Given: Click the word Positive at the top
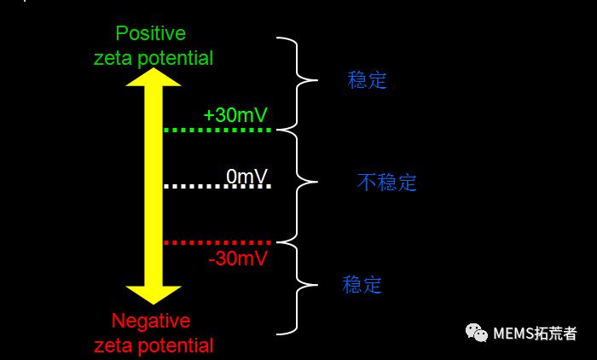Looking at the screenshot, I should point(151,33).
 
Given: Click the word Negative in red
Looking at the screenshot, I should point(151,321).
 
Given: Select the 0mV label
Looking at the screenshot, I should point(246,176).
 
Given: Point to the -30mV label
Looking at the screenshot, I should point(238,258).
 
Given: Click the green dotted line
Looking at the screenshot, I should point(217,131).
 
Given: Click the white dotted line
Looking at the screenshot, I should point(217,186).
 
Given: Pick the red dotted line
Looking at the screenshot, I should point(217,243).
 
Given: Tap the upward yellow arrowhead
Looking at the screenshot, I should point(154,77).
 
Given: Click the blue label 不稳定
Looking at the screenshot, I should point(386,182).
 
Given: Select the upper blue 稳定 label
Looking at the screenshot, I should point(368,80).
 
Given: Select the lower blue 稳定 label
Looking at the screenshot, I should point(362,284).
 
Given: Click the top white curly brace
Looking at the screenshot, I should point(298,82).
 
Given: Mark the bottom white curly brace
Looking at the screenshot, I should point(298,286).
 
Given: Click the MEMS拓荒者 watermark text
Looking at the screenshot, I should point(535,334).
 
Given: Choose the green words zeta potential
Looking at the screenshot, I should point(153,58).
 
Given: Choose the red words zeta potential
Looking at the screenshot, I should point(153,345).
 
